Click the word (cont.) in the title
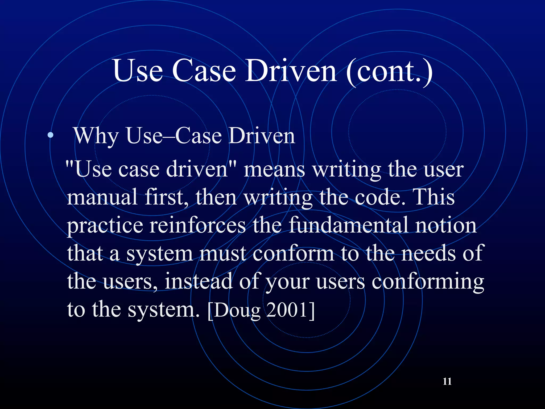point(389,71)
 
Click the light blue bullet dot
point(50,136)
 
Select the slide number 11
point(447,381)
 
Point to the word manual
point(102,197)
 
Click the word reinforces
point(197,225)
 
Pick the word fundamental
point(349,225)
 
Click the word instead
point(198,281)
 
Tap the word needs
point(428,253)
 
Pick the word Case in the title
point(204,71)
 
